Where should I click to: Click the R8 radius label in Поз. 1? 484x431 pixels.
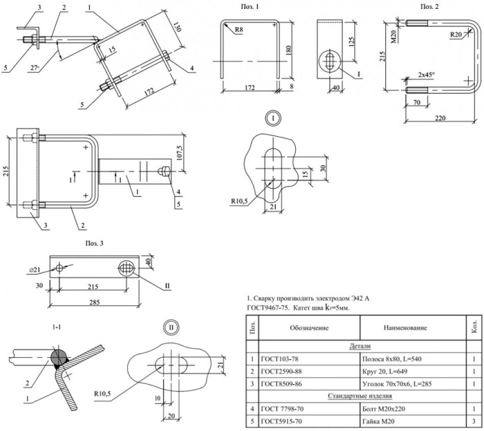pyautogui.click(x=239, y=30)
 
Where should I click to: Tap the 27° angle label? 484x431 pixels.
pyautogui.click(x=35, y=68)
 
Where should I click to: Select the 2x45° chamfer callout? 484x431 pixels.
pyautogui.click(x=427, y=75)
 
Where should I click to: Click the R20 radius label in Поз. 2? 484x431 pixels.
pyautogui.click(x=456, y=35)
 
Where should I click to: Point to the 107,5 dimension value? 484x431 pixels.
pyautogui.click(x=180, y=152)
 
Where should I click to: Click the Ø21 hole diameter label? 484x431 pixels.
pyautogui.click(x=35, y=270)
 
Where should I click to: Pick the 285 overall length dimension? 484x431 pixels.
pyautogui.click(x=95, y=302)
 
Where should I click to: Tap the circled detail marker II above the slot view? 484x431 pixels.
pyautogui.click(x=171, y=327)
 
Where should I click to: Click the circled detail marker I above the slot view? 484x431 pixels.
pyautogui.click(x=273, y=118)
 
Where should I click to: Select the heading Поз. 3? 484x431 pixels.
pyautogui.click(x=95, y=244)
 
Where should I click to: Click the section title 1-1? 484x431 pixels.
pyautogui.click(x=57, y=327)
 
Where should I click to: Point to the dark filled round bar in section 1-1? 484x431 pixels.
pyautogui.click(x=59, y=356)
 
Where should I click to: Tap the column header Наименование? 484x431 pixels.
pyautogui.click(x=405, y=327)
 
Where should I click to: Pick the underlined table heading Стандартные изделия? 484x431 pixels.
pyautogui.click(x=360, y=396)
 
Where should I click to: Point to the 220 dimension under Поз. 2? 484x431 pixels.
pyautogui.click(x=440, y=118)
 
